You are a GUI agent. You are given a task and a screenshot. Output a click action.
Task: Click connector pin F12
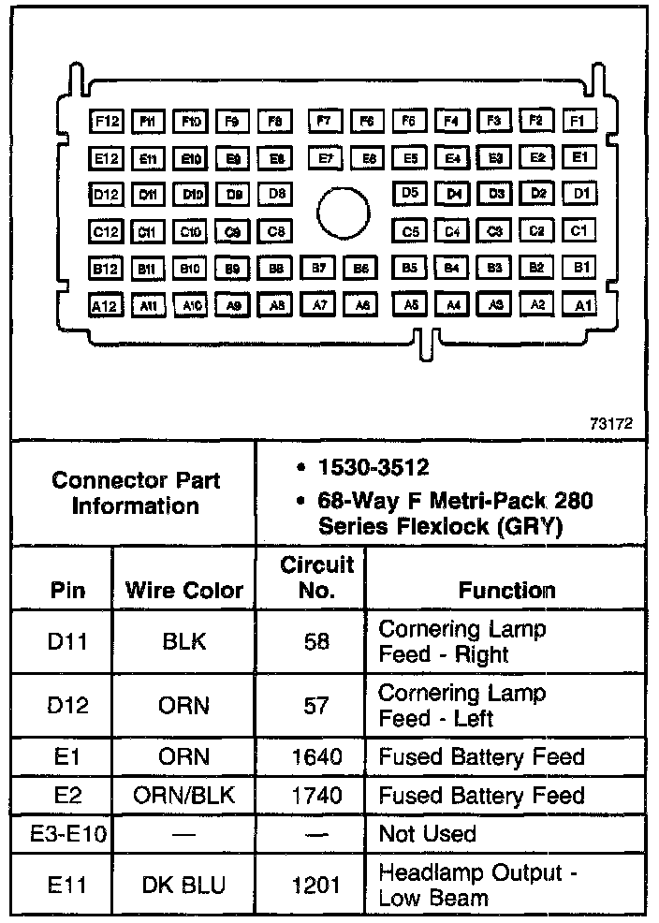click(106, 122)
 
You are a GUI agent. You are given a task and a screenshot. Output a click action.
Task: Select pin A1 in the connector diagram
click(580, 304)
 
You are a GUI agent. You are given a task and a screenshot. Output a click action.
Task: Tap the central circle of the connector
click(344, 212)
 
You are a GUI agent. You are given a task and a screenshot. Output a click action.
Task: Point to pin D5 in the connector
click(409, 194)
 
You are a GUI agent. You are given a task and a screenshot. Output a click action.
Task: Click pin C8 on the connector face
click(275, 231)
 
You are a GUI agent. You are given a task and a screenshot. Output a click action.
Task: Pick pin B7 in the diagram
click(319, 268)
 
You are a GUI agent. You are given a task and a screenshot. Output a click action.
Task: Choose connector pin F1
click(578, 122)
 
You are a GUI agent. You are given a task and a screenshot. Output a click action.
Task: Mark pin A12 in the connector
click(106, 304)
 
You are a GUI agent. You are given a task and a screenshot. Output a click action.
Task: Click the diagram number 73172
click(611, 423)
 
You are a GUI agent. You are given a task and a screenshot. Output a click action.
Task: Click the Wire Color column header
click(183, 590)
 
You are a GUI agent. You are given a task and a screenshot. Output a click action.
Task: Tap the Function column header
click(506, 590)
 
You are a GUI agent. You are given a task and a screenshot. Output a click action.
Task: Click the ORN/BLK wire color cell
click(183, 796)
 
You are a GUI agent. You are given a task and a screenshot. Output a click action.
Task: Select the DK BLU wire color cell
click(183, 885)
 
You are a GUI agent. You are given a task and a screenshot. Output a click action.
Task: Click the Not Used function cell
click(427, 833)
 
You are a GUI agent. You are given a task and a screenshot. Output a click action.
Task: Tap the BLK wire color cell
click(183, 642)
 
